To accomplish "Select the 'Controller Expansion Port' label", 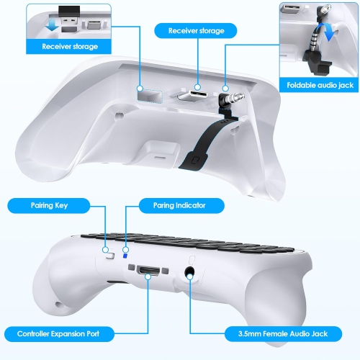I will click(x=60, y=333).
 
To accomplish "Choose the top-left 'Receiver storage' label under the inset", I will click(x=70, y=47).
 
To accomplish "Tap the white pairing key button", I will click(x=109, y=253).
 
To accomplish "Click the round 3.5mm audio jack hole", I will click(x=190, y=274).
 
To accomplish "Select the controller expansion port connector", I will click(x=149, y=272).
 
